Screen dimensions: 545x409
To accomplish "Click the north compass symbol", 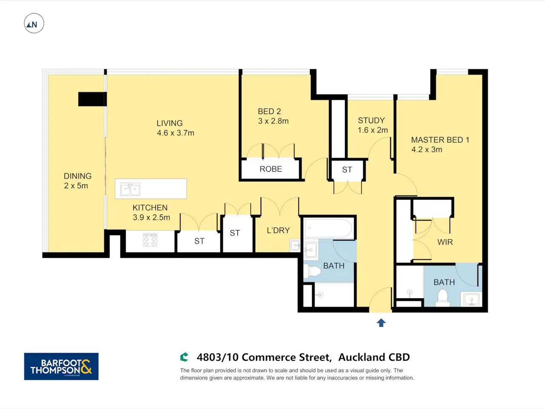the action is click(34, 23).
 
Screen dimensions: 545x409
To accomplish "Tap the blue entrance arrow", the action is click(381, 323).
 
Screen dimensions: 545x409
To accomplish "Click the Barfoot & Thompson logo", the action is click(61, 366).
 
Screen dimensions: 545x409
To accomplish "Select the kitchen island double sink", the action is click(130, 189).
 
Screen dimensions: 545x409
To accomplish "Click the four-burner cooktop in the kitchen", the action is click(150, 240).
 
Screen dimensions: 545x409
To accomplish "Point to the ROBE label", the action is click(271, 169).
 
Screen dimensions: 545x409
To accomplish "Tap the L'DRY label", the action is click(278, 230).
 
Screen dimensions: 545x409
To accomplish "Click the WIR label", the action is click(445, 242).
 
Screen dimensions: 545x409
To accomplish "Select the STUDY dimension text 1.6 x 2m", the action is click(373, 130).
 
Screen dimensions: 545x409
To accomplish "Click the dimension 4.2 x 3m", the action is click(427, 150).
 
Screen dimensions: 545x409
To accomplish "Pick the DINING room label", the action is click(78, 176).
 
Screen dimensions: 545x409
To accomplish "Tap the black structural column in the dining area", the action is click(93, 99).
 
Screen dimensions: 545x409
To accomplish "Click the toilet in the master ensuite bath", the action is click(442, 298).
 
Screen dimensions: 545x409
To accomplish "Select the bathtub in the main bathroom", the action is click(328, 228).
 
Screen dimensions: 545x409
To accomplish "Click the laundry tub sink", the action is click(295, 245).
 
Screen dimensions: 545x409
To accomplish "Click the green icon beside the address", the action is click(184, 357).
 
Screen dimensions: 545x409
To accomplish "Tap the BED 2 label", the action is click(269, 112).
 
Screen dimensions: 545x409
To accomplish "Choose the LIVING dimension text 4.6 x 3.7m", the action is click(175, 133).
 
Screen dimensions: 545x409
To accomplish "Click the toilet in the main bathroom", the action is click(312, 271).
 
